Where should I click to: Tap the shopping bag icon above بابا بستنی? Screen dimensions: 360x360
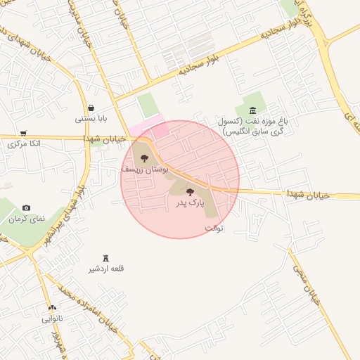pyautogui.click(x=93, y=108)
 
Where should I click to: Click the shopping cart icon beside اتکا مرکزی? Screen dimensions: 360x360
pyautogui.click(x=23, y=133)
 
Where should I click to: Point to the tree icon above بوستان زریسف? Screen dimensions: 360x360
pyautogui.click(x=145, y=159)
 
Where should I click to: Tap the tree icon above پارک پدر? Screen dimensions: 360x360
pyautogui.click(x=190, y=191)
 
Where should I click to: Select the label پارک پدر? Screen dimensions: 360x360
pyautogui.click(x=190, y=202)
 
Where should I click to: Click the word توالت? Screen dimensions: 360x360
pyautogui.click(x=214, y=228)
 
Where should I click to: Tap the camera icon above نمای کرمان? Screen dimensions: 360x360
pyautogui.click(x=27, y=208)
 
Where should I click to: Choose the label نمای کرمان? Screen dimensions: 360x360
pyautogui.click(x=27, y=219)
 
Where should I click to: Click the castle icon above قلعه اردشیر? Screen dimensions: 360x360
pyautogui.click(x=106, y=258)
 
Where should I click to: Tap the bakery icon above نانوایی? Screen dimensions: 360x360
pyautogui.click(x=52, y=308)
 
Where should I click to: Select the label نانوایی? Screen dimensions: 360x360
pyautogui.click(x=52, y=319)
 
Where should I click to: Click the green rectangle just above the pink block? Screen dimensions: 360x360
pyautogui.click(x=148, y=105)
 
